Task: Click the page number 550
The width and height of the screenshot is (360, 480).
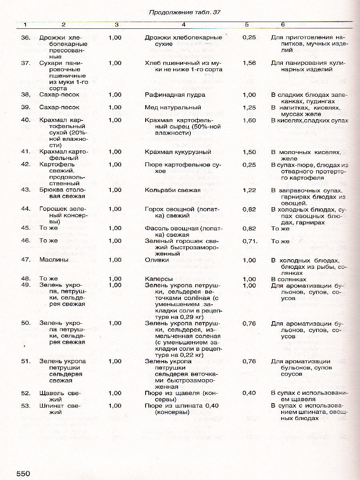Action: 23,474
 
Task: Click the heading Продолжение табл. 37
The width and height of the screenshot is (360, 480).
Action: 185,12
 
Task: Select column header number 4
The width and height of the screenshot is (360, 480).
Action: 184,25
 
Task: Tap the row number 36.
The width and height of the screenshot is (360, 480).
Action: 26,38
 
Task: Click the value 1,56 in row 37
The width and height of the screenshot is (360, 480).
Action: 249,63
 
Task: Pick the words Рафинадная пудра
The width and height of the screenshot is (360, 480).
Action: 175,95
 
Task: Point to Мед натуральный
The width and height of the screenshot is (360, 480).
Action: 173,108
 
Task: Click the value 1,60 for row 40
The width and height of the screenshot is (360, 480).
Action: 249,120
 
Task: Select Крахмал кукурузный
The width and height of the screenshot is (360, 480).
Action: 178,152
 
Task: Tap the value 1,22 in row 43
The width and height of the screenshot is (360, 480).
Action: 249,190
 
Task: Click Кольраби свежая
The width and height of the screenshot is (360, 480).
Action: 172,190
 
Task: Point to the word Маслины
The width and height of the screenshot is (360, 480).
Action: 54,260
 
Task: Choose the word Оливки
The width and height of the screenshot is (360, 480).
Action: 157,260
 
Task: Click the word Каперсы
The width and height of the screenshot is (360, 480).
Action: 159,279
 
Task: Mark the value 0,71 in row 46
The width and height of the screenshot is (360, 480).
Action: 249,241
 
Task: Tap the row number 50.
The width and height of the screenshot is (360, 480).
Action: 26,323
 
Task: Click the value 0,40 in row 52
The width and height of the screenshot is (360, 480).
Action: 249,393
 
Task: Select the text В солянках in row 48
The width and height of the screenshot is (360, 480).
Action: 288,279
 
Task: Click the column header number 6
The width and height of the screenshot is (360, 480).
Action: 283,25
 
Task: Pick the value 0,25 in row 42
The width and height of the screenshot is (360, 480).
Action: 249,164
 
